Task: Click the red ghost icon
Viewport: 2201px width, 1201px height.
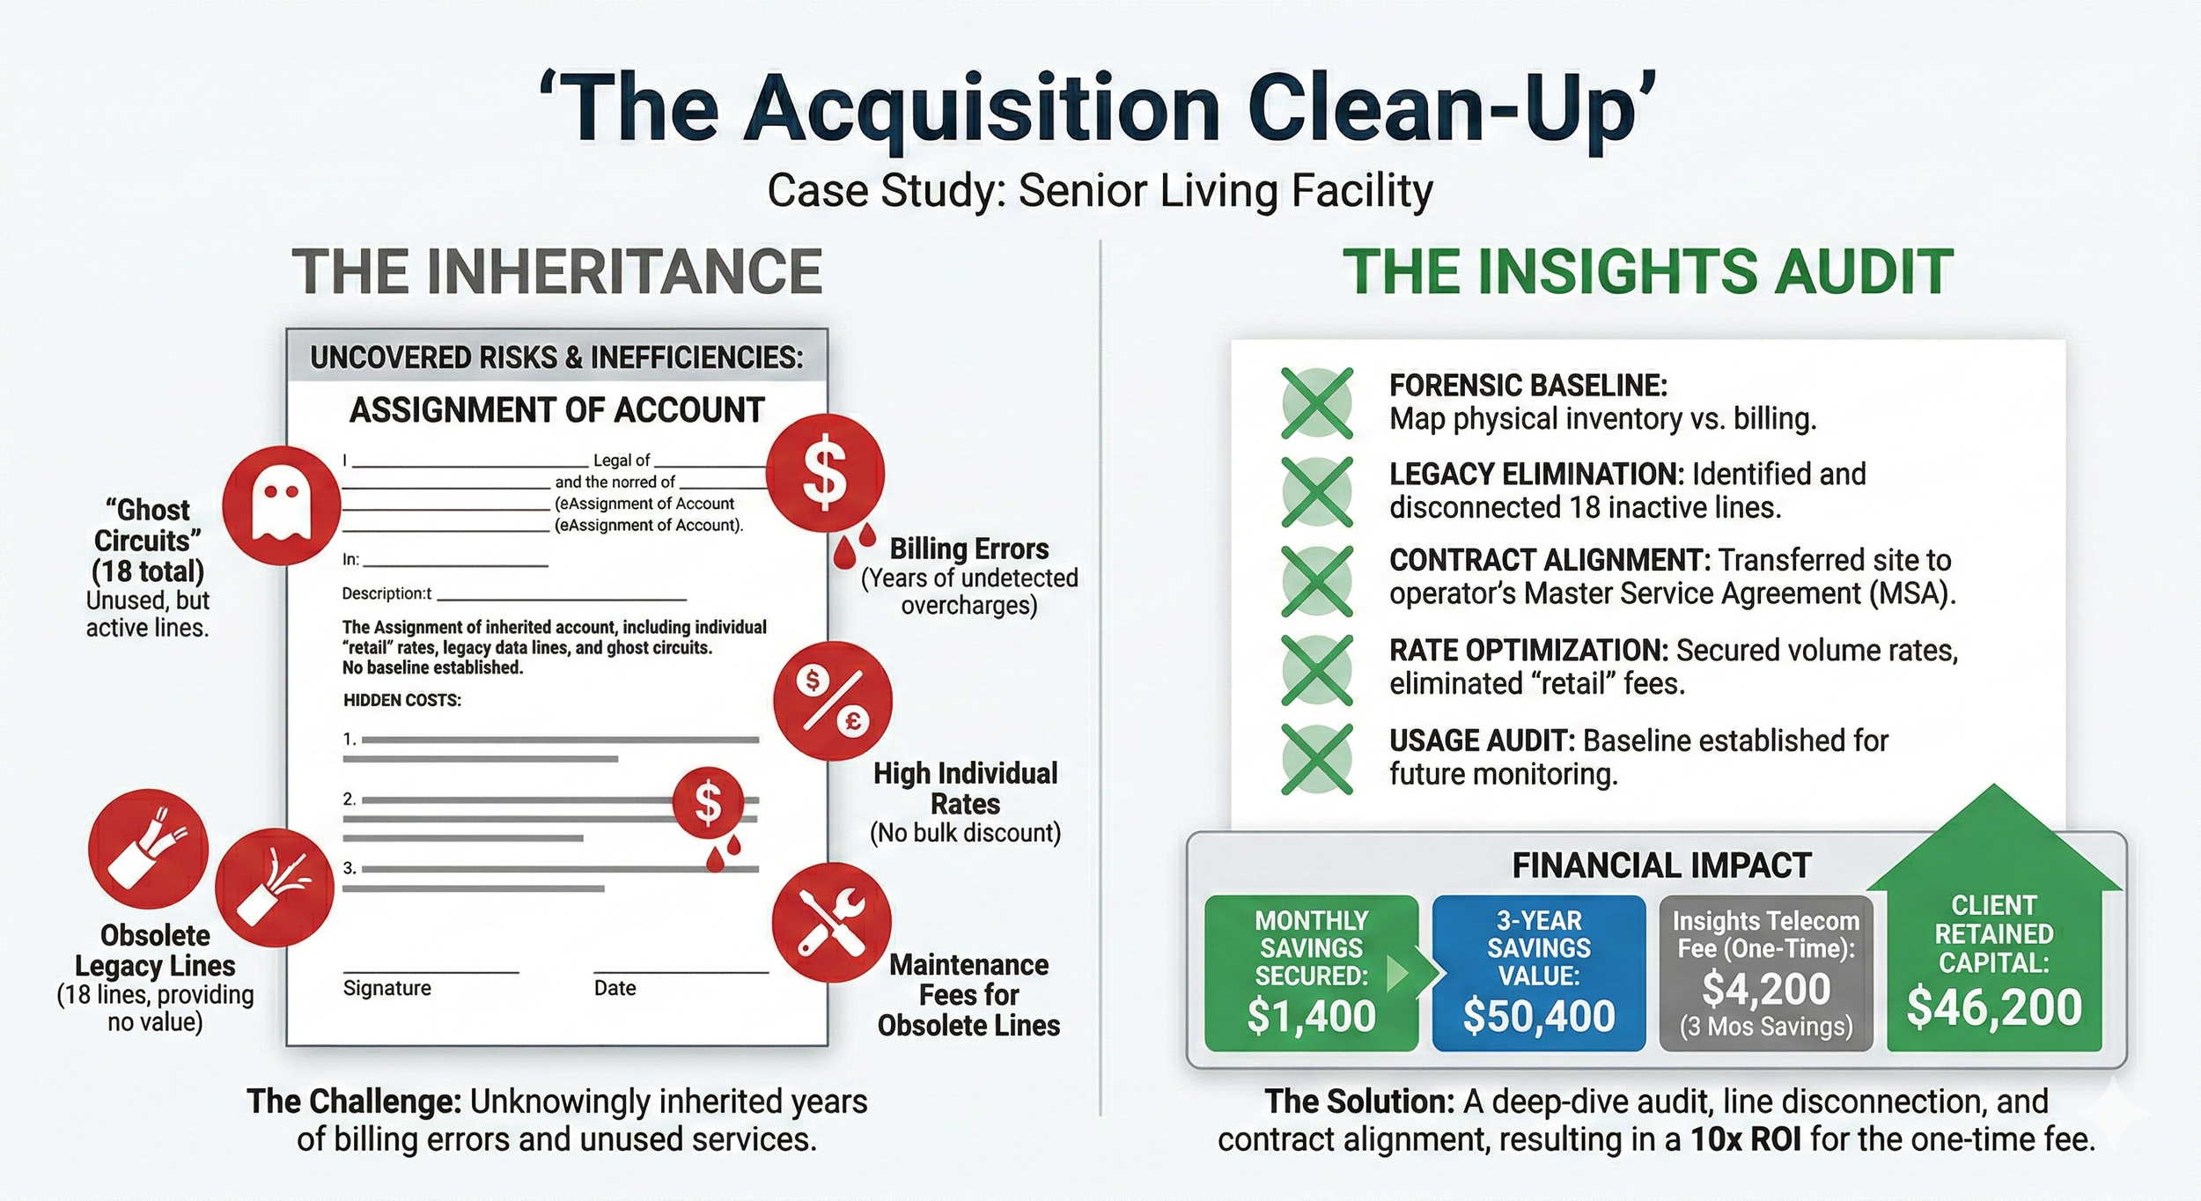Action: (x=281, y=505)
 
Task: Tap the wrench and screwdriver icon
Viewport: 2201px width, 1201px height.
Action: (x=831, y=922)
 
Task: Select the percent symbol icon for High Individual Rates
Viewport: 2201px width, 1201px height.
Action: (x=832, y=701)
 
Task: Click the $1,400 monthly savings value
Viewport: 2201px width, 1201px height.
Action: (x=1311, y=1015)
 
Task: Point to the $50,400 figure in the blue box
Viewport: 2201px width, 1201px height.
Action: (x=1538, y=1015)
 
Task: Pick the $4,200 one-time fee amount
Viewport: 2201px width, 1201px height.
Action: (x=1765, y=988)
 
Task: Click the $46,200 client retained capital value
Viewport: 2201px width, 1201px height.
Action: (x=1993, y=1006)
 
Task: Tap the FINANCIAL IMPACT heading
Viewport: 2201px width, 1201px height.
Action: (x=1661, y=866)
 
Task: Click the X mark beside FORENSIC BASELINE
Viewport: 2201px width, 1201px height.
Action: (x=1317, y=403)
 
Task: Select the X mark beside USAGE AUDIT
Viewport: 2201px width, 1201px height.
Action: (x=1317, y=759)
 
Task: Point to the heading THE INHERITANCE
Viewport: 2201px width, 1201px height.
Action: (x=557, y=272)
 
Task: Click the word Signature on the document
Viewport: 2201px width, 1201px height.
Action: (x=387, y=988)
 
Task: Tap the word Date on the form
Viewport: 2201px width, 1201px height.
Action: (x=615, y=988)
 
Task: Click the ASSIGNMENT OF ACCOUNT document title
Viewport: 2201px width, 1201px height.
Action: (x=557, y=410)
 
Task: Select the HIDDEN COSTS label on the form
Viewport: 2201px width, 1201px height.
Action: (x=402, y=701)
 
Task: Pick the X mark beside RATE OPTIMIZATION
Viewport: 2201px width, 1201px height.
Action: (x=1317, y=670)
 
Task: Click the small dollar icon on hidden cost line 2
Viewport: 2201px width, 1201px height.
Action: (x=708, y=803)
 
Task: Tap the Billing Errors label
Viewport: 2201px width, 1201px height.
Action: (x=969, y=549)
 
